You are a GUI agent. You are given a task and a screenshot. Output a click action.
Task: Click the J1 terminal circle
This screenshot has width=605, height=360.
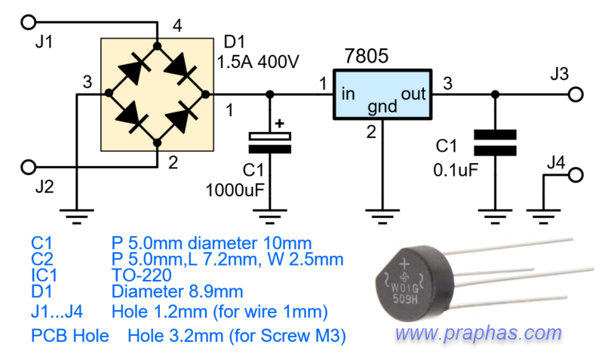tap(28, 22)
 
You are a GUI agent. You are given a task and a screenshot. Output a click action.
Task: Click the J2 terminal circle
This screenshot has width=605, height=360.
tap(28, 167)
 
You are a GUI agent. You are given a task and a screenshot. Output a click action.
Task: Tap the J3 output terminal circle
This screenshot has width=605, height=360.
tap(576, 94)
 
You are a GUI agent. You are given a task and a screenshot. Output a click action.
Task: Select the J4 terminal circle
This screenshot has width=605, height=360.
tap(576, 175)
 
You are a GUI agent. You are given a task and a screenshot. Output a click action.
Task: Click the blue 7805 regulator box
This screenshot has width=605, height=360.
tap(382, 94)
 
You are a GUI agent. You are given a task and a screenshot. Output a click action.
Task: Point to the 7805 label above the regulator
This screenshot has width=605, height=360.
tap(366, 56)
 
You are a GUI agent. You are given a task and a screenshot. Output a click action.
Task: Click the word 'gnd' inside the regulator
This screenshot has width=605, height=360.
tap(382, 106)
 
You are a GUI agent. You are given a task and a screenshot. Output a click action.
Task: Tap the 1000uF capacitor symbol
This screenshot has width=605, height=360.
tap(270, 143)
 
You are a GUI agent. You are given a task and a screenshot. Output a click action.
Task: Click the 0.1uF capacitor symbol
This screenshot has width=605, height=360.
tap(495, 143)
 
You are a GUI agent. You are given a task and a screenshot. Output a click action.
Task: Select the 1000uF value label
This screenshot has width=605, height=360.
tap(235, 190)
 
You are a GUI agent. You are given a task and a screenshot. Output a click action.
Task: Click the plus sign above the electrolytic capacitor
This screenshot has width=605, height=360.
tap(280, 123)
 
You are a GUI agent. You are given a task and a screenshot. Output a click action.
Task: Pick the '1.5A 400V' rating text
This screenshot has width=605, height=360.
tap(258, 62)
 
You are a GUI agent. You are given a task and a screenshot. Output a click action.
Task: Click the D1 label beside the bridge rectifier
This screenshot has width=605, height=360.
tap(234, 42)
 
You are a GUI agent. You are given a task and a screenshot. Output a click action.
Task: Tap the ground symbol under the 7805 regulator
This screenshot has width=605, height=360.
tap(382, 217)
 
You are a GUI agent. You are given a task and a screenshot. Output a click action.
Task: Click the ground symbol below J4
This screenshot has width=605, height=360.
tap(543, 217)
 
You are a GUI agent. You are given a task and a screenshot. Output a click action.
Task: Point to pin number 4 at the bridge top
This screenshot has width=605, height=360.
tap(177, 26)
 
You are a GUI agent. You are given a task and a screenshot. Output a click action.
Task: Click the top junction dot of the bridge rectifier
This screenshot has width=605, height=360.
tap(157, 46)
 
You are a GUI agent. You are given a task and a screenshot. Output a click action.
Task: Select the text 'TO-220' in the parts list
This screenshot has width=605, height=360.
tap(142, 275)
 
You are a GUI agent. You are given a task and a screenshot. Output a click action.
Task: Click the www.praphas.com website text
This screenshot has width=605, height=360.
tap(478, 333)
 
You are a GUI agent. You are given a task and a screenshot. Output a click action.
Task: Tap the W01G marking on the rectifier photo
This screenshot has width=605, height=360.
tap(405, 288)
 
